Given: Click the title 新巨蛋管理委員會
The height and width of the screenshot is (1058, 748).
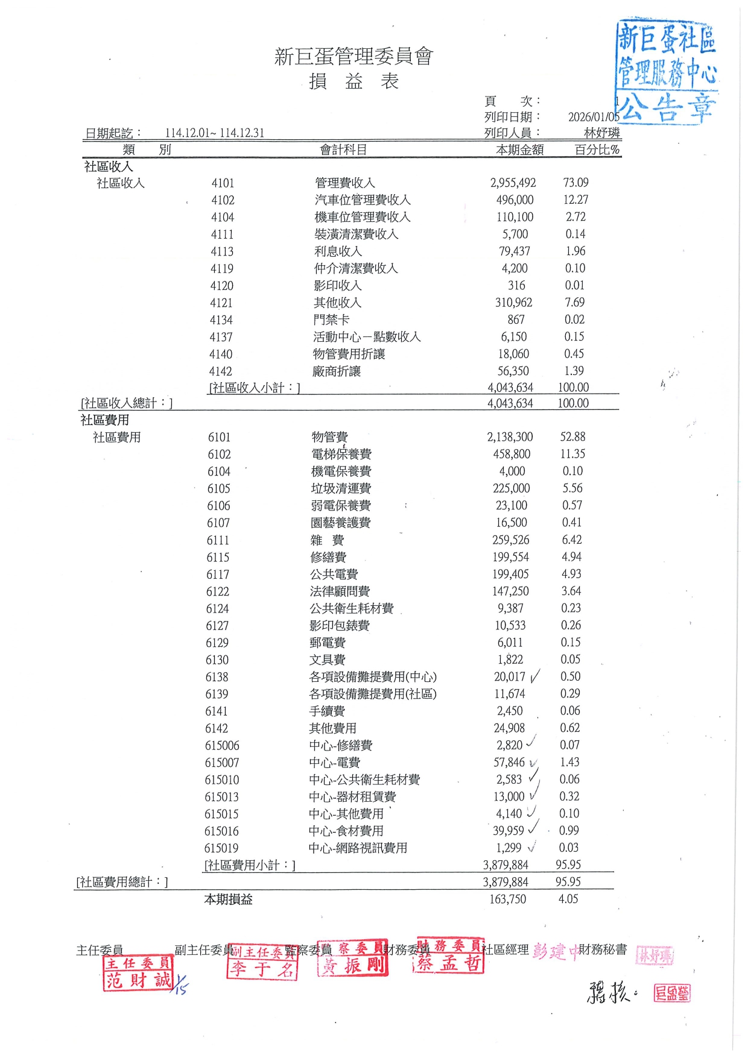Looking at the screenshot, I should tap(353, 57).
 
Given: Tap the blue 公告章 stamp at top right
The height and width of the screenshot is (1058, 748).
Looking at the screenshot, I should tap(667, 72).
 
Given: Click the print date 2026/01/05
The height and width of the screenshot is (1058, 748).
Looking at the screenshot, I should tap(594, 117).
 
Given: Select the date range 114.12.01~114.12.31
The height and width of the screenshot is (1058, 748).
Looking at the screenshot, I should tap(214, 133).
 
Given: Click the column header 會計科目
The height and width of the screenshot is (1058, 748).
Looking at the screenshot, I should tap(343, 150).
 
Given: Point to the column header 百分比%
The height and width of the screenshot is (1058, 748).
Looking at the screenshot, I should tap(597, 150).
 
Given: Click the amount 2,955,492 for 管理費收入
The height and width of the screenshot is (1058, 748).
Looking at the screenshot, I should tap(513, 183).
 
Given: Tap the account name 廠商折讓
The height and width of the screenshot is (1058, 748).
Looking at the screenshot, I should tap(337, 371).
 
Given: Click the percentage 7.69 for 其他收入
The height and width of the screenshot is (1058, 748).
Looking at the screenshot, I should tap(574, 303).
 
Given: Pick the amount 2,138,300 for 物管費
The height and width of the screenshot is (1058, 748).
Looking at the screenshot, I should tap(510, 437).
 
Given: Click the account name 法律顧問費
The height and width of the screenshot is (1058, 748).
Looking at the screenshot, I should tap(340, 592).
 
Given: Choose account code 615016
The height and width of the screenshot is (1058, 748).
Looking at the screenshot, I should tap(221, 831).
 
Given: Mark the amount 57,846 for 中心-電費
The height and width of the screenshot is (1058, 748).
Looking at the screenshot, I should tap(509, 763).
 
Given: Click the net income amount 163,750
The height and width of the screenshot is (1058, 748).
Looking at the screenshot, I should tap(507, 899).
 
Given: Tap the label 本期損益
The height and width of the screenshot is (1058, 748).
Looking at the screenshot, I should tap(228, 899).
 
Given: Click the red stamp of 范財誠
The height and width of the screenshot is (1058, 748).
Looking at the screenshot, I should tap(138, 973).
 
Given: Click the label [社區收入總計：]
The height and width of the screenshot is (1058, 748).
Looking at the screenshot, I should tap(127, 403).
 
